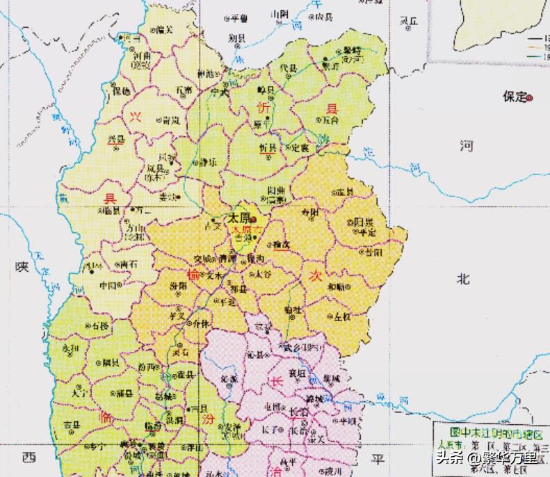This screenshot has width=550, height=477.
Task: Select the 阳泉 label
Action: pyautogui.click(x=364, y=222)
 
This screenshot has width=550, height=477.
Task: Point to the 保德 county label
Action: pyautogui.click(x=122, y=91)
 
